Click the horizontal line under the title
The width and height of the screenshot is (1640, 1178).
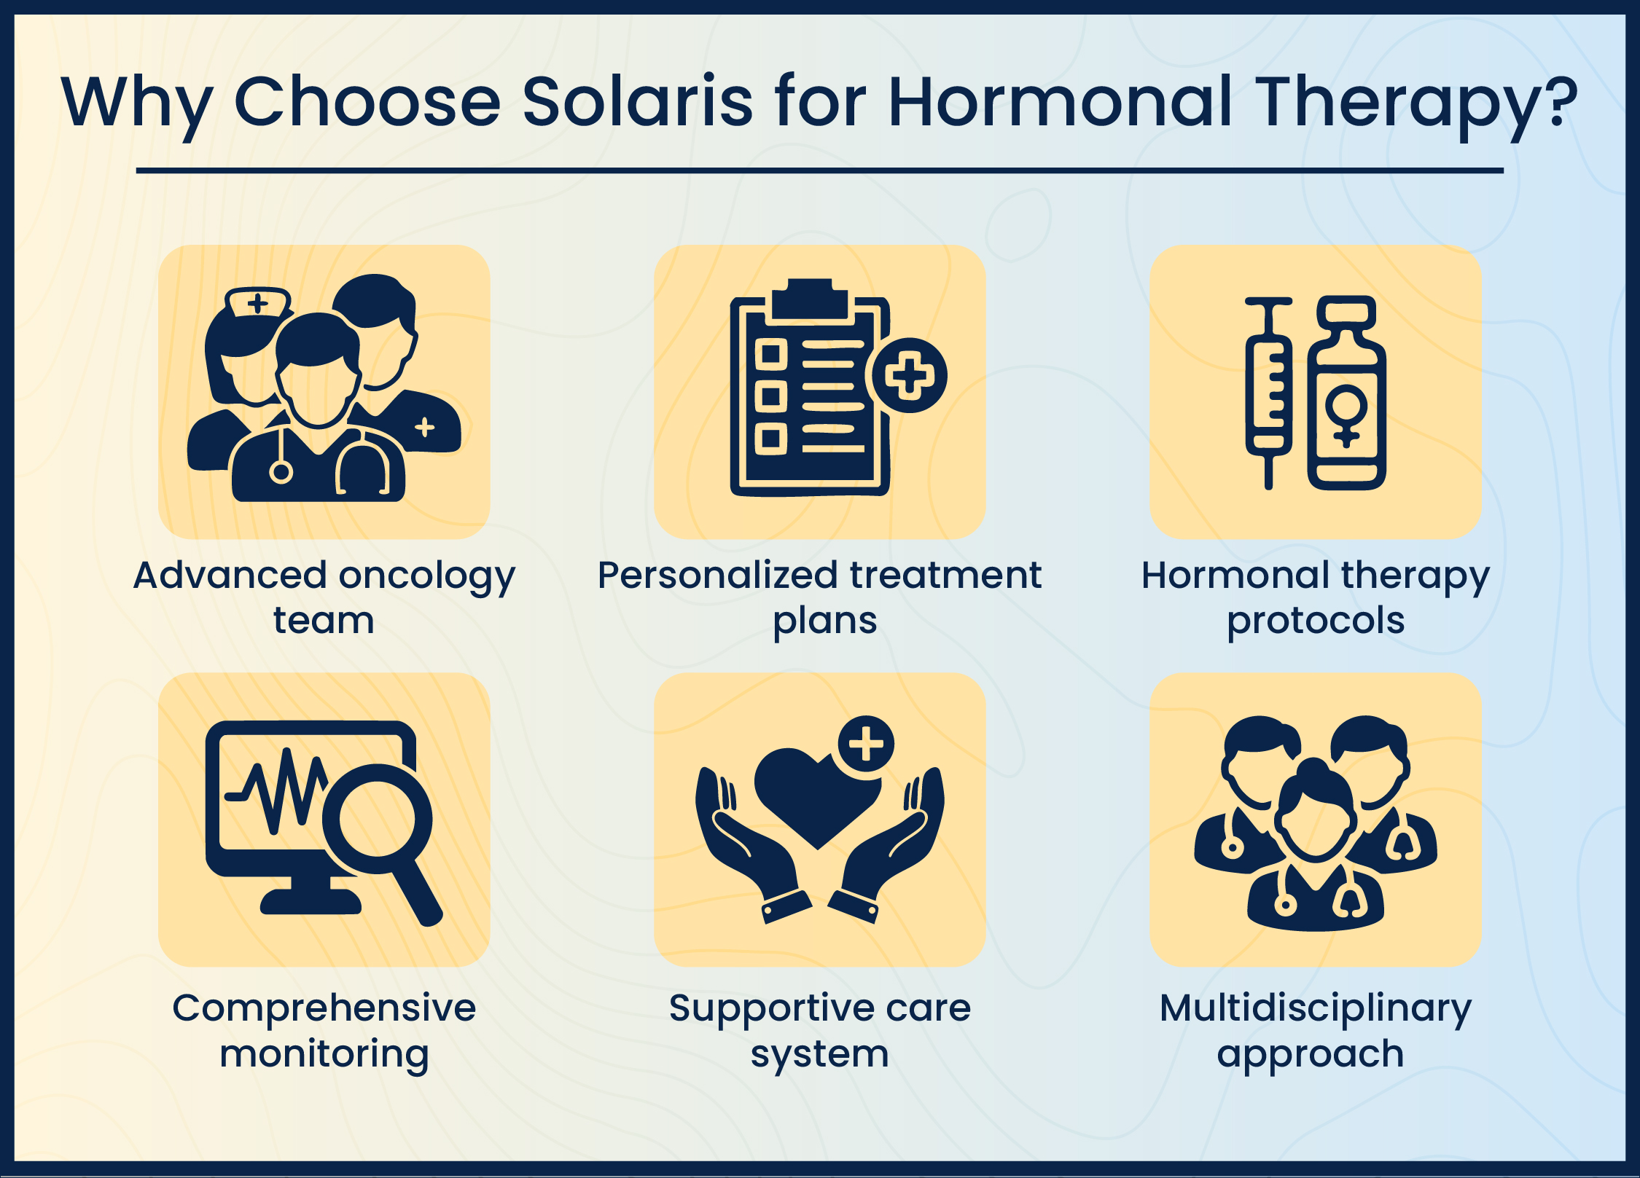coord(819,170)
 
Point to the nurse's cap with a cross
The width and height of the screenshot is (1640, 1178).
coord(257,302)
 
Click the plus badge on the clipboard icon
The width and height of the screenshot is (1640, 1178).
coord(908,375)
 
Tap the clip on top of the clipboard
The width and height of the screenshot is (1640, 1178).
coord(809,299)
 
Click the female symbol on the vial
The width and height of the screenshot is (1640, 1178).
coord(1346,415)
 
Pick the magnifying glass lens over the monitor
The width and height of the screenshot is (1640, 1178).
coord(377,818)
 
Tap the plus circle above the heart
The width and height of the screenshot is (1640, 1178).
coord(866,744)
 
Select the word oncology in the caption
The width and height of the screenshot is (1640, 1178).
coord(426,576)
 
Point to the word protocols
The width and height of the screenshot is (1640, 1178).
coord(1316,621)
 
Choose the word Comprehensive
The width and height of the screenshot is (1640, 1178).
coord(324,1009)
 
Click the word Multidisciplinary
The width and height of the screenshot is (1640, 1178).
coord(1316,1009)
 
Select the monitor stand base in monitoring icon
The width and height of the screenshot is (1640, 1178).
coord(311,902)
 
